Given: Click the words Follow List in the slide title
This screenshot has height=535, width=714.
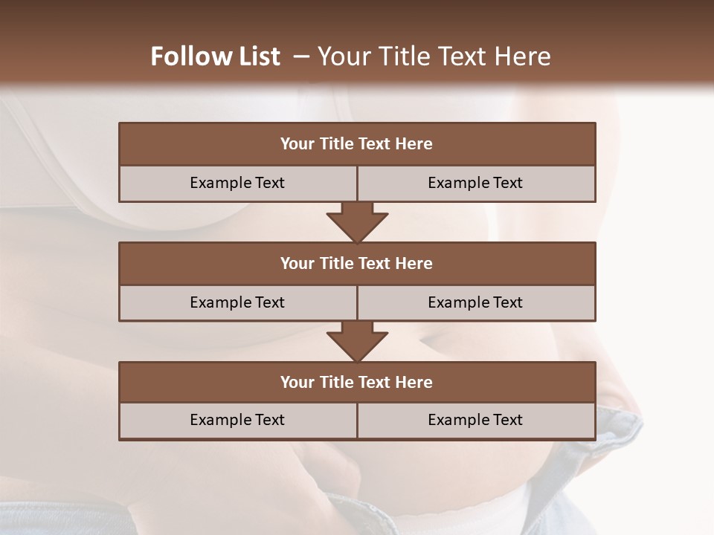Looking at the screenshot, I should [215, 56].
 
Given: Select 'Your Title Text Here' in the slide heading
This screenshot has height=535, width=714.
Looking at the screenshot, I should [434, 56].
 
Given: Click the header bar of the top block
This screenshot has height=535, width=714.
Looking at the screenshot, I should [357, 144].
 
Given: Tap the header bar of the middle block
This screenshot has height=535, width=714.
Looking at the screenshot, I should [357, 264].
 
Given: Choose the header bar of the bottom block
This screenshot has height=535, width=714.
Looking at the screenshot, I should [357, 383].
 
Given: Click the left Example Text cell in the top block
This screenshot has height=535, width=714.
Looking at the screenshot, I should [237, 183].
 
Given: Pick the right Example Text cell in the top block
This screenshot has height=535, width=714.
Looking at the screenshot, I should [475, 183].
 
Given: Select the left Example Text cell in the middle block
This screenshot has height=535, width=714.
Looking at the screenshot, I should [237, 302].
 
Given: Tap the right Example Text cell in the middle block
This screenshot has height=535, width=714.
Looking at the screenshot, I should [475, 302].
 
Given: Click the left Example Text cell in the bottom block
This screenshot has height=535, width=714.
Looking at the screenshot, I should [237, 420].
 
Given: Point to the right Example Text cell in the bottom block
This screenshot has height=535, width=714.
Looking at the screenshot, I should [475, 420].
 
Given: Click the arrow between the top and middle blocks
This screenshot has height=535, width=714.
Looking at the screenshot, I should [357, 221].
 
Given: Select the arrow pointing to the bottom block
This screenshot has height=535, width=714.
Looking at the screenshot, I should [357, 341].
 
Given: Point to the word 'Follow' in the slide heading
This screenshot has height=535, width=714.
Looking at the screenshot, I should [187, 56].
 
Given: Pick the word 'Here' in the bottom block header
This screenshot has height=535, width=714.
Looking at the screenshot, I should [414, 383].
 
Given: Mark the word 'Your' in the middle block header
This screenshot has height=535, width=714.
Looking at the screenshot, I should [297, 264].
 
